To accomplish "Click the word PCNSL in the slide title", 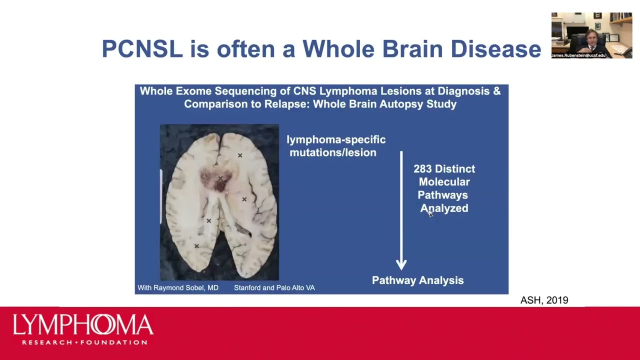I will pos(142,49).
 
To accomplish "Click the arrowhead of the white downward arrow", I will pos(401,264).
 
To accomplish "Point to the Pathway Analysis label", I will pos(417,280).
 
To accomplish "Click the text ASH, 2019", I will pos(544,300).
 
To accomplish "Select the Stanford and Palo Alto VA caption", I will pos(274,288).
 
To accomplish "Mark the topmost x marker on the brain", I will pos(240,155).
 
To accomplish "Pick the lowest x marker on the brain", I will pos(196,246).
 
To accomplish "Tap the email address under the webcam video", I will pos(579,55).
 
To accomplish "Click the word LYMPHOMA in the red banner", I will pos(83,325).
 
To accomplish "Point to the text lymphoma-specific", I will pos(336,139).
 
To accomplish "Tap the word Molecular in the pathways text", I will pos(444,182).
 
